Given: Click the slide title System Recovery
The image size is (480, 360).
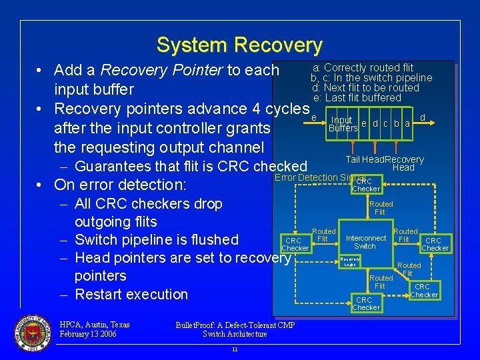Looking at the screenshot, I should [x=239, y=45].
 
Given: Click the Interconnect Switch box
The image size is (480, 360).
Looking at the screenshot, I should [x=365, y=242].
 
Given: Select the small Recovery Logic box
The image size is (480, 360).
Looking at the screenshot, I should [x=350, y=261].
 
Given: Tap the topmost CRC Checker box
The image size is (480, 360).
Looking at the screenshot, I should [x=365, y=185].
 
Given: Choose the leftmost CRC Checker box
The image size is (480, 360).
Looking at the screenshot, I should [x=295, y=245].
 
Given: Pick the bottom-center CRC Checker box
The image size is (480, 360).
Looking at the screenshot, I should [x=365, y=304].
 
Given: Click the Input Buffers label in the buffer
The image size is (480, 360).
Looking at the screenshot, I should [x=343, y=125].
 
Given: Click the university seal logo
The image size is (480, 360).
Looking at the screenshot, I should [x=31, y=331].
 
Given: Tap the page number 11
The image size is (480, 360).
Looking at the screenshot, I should [x=234, y=349].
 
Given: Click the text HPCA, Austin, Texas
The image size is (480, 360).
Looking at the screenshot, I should [x=95, y=325].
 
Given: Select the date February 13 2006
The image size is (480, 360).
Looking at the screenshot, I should [x=88, y=334].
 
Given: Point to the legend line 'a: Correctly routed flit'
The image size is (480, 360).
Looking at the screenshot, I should [x=363, y=67].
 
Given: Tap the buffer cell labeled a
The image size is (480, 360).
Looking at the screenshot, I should [x=407, y=124].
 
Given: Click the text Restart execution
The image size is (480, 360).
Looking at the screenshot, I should [x=131, y=294].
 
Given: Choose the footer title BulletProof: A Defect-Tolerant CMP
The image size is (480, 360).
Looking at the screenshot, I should [x=235, y=325].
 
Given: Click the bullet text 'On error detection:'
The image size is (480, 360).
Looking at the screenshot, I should [x=120, y=185].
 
